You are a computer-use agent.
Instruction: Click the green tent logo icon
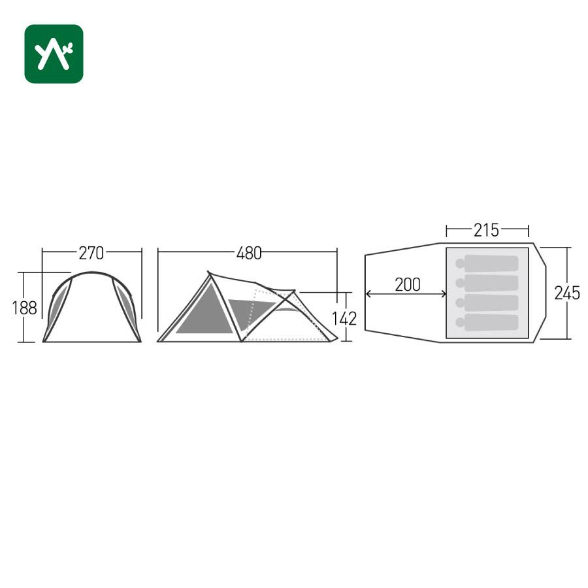click(x=54, y=54)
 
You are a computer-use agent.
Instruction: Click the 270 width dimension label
click(x=91, y=253)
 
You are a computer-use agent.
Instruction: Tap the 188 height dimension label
click(x=24, y=308)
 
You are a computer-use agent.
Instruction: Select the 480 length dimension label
click(x=249, y=253)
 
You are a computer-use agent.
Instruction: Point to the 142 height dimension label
click(x=344, y=318)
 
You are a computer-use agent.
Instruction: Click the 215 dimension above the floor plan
click(x=486, y=230)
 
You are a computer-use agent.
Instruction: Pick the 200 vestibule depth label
click(x=408, y=285)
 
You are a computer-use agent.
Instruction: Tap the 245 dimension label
click(x=567, y=293)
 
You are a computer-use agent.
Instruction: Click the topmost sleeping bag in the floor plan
click(x=487, y=263)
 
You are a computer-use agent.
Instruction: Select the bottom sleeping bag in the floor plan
click(x=487, y=323)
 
